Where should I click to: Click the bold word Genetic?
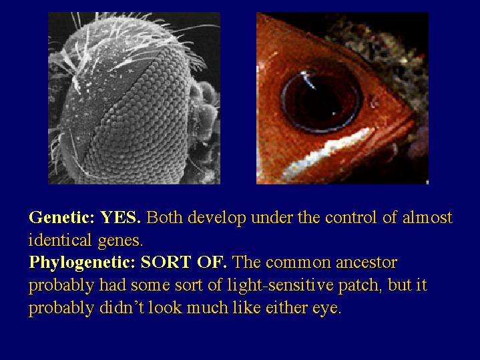62,218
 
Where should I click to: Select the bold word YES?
121,217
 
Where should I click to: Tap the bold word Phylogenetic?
82,263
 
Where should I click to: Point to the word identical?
60,240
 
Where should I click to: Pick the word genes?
120,241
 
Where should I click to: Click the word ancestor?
367,263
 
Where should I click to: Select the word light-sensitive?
280,286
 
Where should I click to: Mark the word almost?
427,218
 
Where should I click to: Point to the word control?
350,218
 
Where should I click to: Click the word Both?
165,217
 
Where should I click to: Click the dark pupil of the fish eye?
321,100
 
